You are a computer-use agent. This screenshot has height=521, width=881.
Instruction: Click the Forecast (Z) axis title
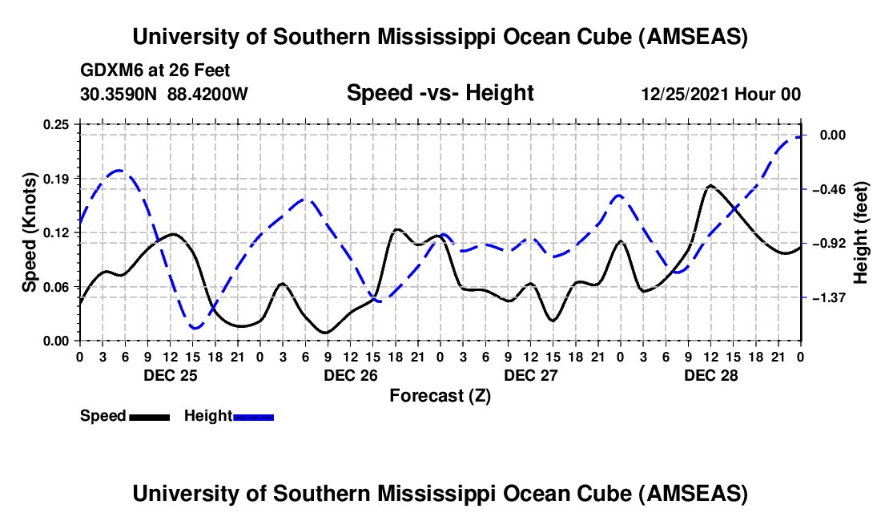point(440,395)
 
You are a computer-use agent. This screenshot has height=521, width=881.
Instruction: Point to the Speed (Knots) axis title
point(29,232)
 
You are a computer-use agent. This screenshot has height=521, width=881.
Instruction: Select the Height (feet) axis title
point(861,232)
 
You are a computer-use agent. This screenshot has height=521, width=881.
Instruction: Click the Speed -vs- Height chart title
point(440,94)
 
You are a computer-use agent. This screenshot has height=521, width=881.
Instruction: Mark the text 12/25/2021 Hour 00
point(721,95)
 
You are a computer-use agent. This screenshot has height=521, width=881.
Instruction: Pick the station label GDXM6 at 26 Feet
point(155,71)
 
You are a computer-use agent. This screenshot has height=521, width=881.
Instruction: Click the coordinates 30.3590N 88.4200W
point(164,95)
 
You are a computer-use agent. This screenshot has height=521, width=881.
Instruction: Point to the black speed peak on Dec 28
point(710,186)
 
